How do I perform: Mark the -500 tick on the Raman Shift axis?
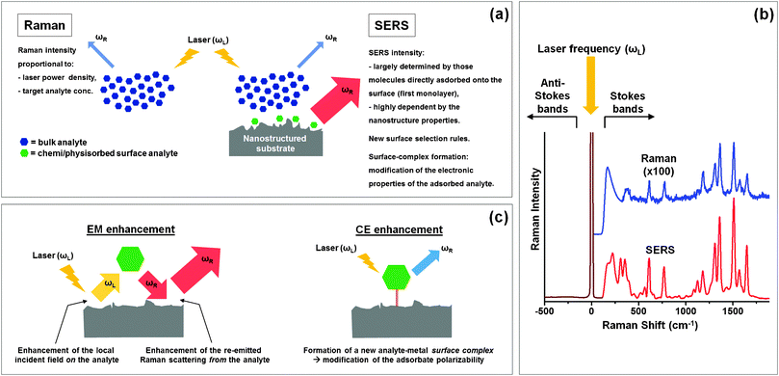(546, 311)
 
